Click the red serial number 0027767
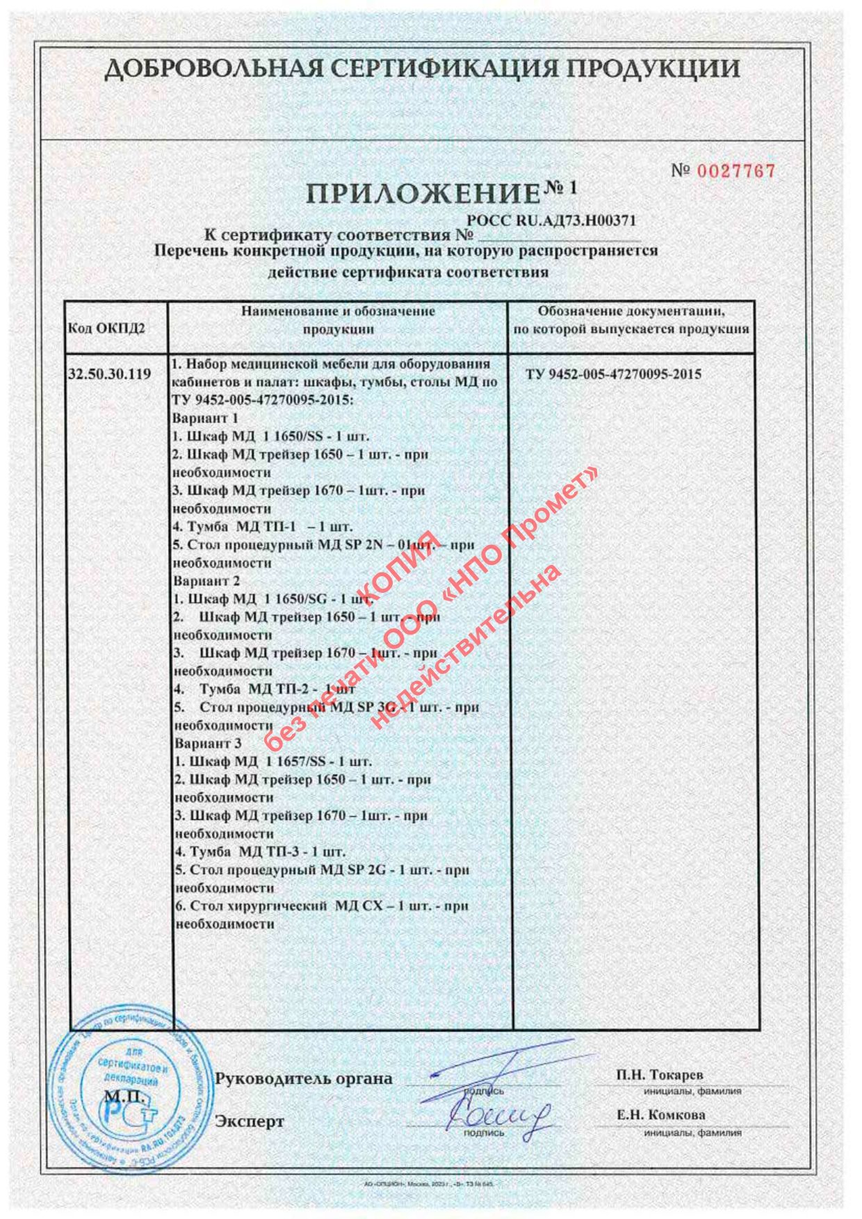[x=735, y=171]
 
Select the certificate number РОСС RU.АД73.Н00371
[x=552, y=221]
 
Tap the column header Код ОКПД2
[x=106, y=328]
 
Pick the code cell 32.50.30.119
[x=110, y=374]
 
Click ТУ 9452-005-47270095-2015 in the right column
[x=613, y=375]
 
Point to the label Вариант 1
[x=205, y=418]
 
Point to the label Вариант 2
[x=206, y=581]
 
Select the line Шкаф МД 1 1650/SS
[x=271, y=436]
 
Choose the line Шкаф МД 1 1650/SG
[x=273, y=599]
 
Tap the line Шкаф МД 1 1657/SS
[x=273, y=762]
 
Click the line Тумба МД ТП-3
[x=259, y=852]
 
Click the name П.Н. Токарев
[x=660, y=1075]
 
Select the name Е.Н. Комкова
[x=661, y=1115]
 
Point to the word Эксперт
[x=250, y=1122]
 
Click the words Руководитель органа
[x=304, y=1079]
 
